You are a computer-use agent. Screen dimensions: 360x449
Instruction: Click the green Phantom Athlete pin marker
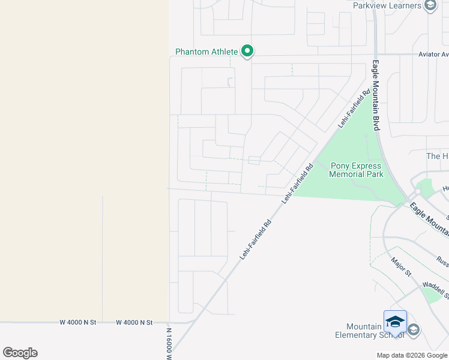click(247, 52)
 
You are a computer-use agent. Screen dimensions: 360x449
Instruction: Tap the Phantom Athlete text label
click(207, 52)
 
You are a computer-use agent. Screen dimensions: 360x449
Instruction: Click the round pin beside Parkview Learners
click(430, 6)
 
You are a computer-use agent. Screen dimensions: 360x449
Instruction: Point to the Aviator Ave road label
click(433, 55)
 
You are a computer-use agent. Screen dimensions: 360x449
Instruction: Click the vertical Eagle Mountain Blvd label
click(376, 95)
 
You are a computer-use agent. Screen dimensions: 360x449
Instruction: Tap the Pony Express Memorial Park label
click(356, 170)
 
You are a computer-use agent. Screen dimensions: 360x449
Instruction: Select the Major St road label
click(400, 267)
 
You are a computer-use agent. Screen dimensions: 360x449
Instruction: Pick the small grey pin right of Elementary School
click(414, 329)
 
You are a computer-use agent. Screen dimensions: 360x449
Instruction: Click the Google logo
click(20, 353)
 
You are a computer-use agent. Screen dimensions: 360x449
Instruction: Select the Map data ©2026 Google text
click(412, 355)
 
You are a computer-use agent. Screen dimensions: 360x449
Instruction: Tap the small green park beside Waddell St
click(433, 294)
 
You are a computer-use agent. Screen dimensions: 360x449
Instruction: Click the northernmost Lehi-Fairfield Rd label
click(355, 109)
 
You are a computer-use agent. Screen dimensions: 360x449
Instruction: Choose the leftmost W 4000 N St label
click(78, 322)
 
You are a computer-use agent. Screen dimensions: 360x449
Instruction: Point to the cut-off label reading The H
click(437, 156)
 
